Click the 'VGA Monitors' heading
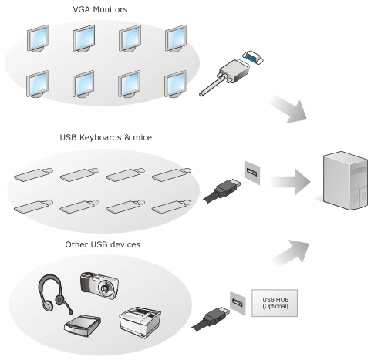(x=100, y=9)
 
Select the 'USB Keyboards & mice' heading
(x=106, y=137)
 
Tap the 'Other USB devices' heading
(x=103, y=244)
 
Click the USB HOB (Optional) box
(x=275, y=303)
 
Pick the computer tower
(x=346, y=180)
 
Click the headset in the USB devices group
(x=54, y=294)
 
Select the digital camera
(x=99, y=285)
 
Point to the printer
(x=140, y=321)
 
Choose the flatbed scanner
(x=83, y=325)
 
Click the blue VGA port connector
(x=253, y=58)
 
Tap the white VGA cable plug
(x=224, y=77)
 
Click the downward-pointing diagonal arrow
(x=289, y=109)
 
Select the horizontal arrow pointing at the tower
(x=290, y=182)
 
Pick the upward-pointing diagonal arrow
(x=291, y=253)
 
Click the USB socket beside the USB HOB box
(x=238, y=304)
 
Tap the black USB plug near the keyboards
(x=222, y=190)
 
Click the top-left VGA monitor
(x=38, y=39)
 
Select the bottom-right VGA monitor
(x=176, y=84)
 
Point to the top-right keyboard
(x=171, y=174)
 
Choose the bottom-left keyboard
(x=34, y=207)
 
